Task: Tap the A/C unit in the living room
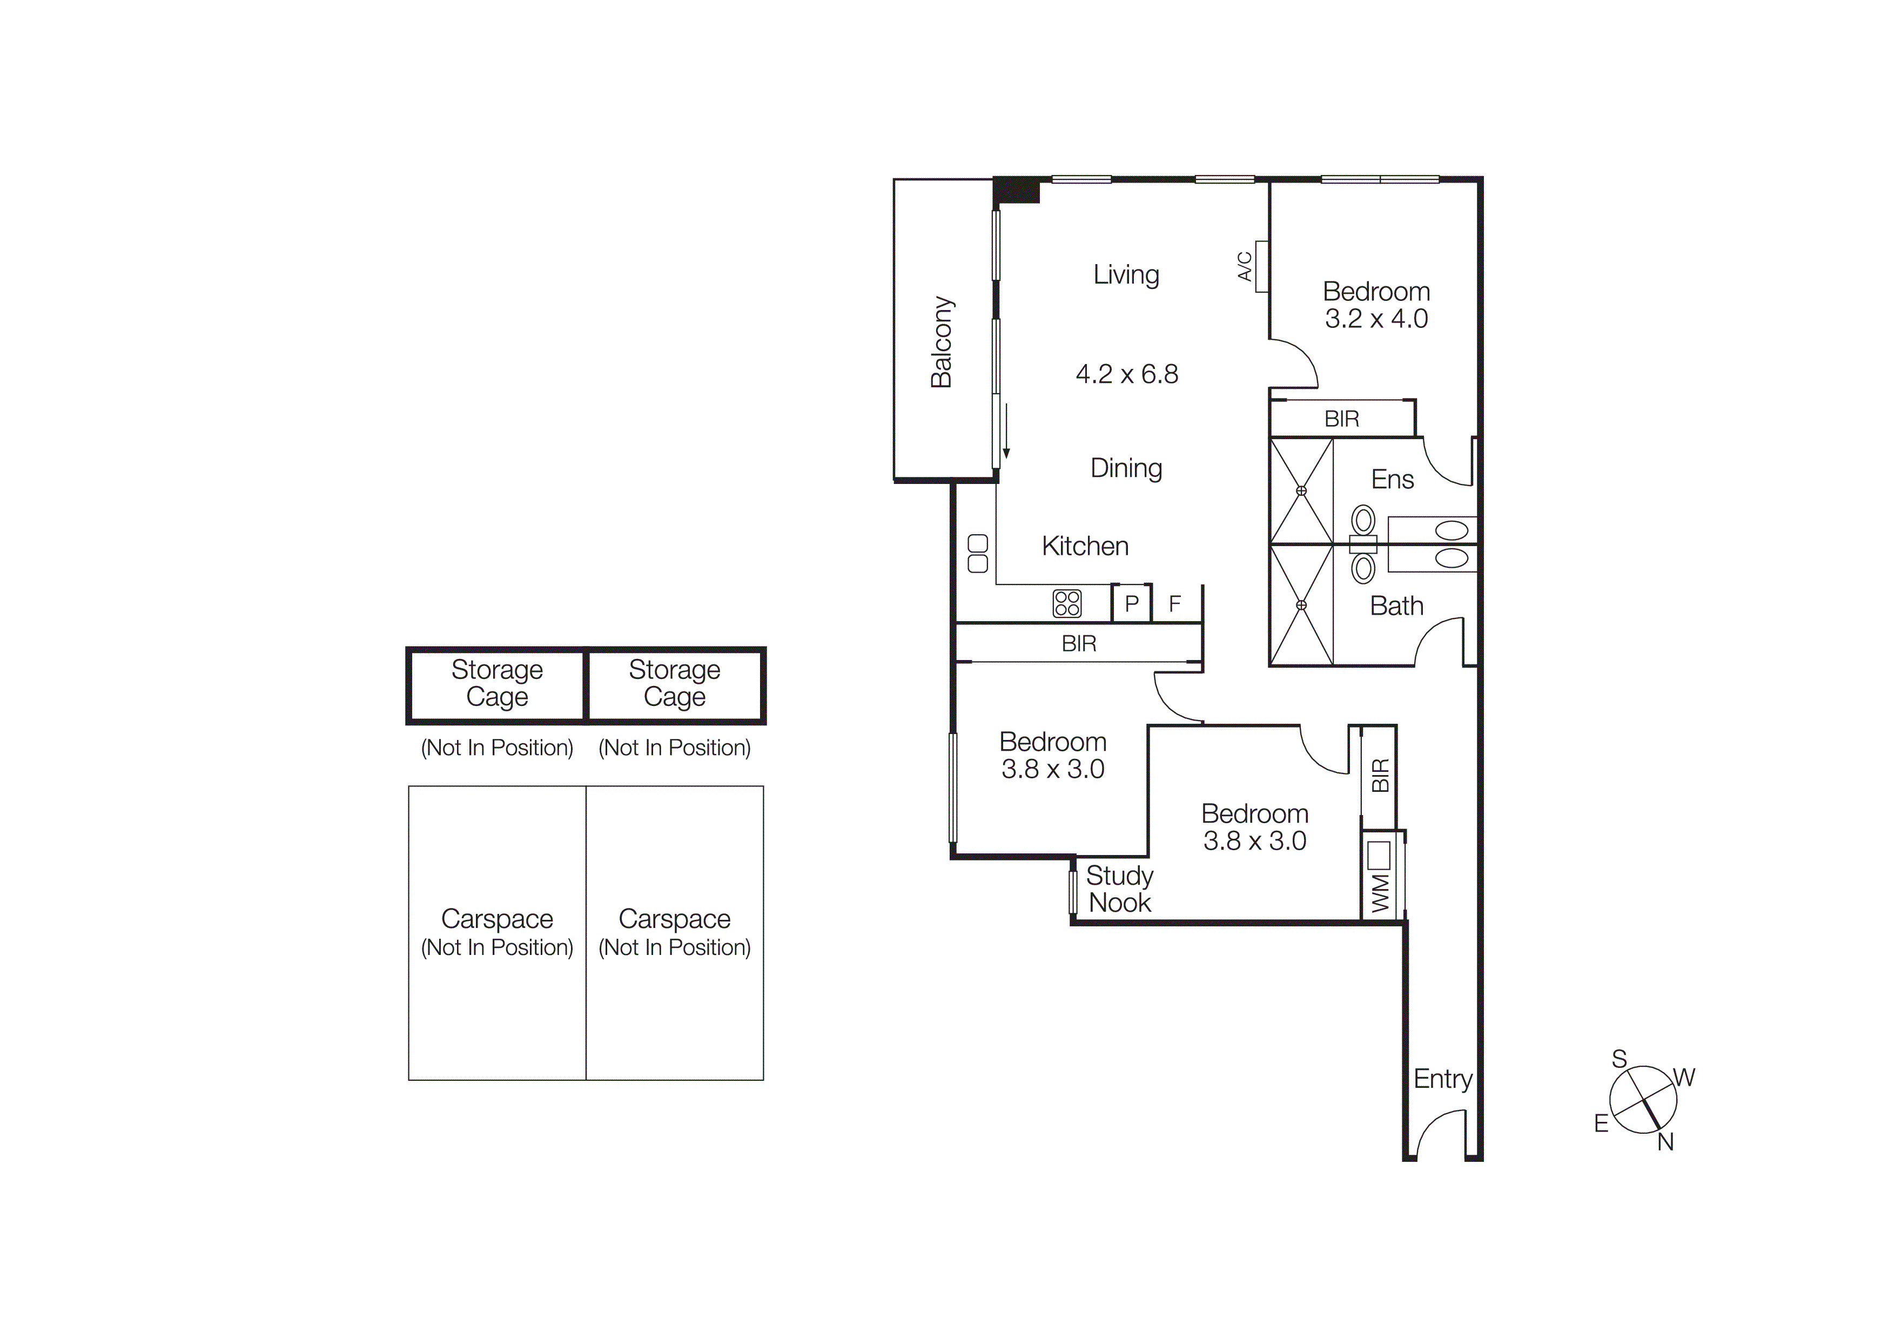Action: pos(1261,266)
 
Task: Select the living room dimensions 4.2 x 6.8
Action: pos(1127,374)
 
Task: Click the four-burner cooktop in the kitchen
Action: pos(1067,603)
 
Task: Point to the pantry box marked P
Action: pos(1132,604)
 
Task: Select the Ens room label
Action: pos(1393,479)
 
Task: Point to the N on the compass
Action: pos(1665,1142)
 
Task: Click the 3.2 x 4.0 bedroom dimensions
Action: pos(1376,319)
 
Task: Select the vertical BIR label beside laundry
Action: pos(1380,776)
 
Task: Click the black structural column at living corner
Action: pos(1016,191)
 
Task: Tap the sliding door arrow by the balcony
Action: pos(1006,430)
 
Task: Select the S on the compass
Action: pos(1620,1059)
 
